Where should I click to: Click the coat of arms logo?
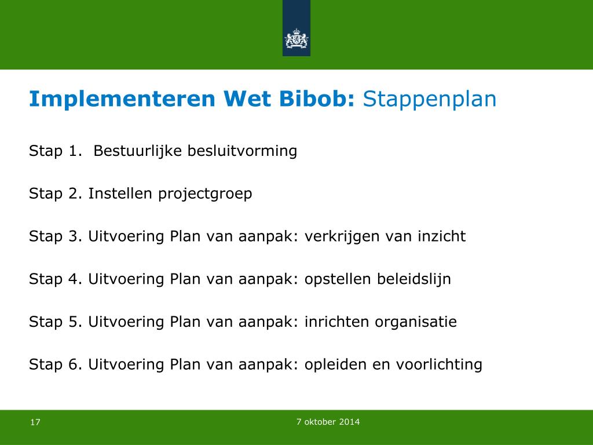pyautogui.click(x=296, y=39)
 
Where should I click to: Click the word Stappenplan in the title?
pyautogui.click(x=429, y=100)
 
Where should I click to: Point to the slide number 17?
pyautogui.click(x=35, y=422)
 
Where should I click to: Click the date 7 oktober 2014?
pyautogui.click(x=328, y=422)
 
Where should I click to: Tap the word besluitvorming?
pyautogui.click(x=243, y=151)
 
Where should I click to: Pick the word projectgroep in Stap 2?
pyautogui.click(x=205, y=194)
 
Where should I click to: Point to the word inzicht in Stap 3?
pyautogui.click(x=441, y=236)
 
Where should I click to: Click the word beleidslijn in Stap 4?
pyautogui.click(x=413, y=279)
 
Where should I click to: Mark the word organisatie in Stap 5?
pyautogui.click(x=416, y=322)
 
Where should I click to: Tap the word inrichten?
pyautogui.click(x=336, y=321)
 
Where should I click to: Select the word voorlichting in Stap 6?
pyautogui.click(x=439, y=365)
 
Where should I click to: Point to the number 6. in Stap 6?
pyautogui.click(x=75, y=364)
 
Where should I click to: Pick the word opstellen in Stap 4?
pyautogui.click(x=338, y=279)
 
